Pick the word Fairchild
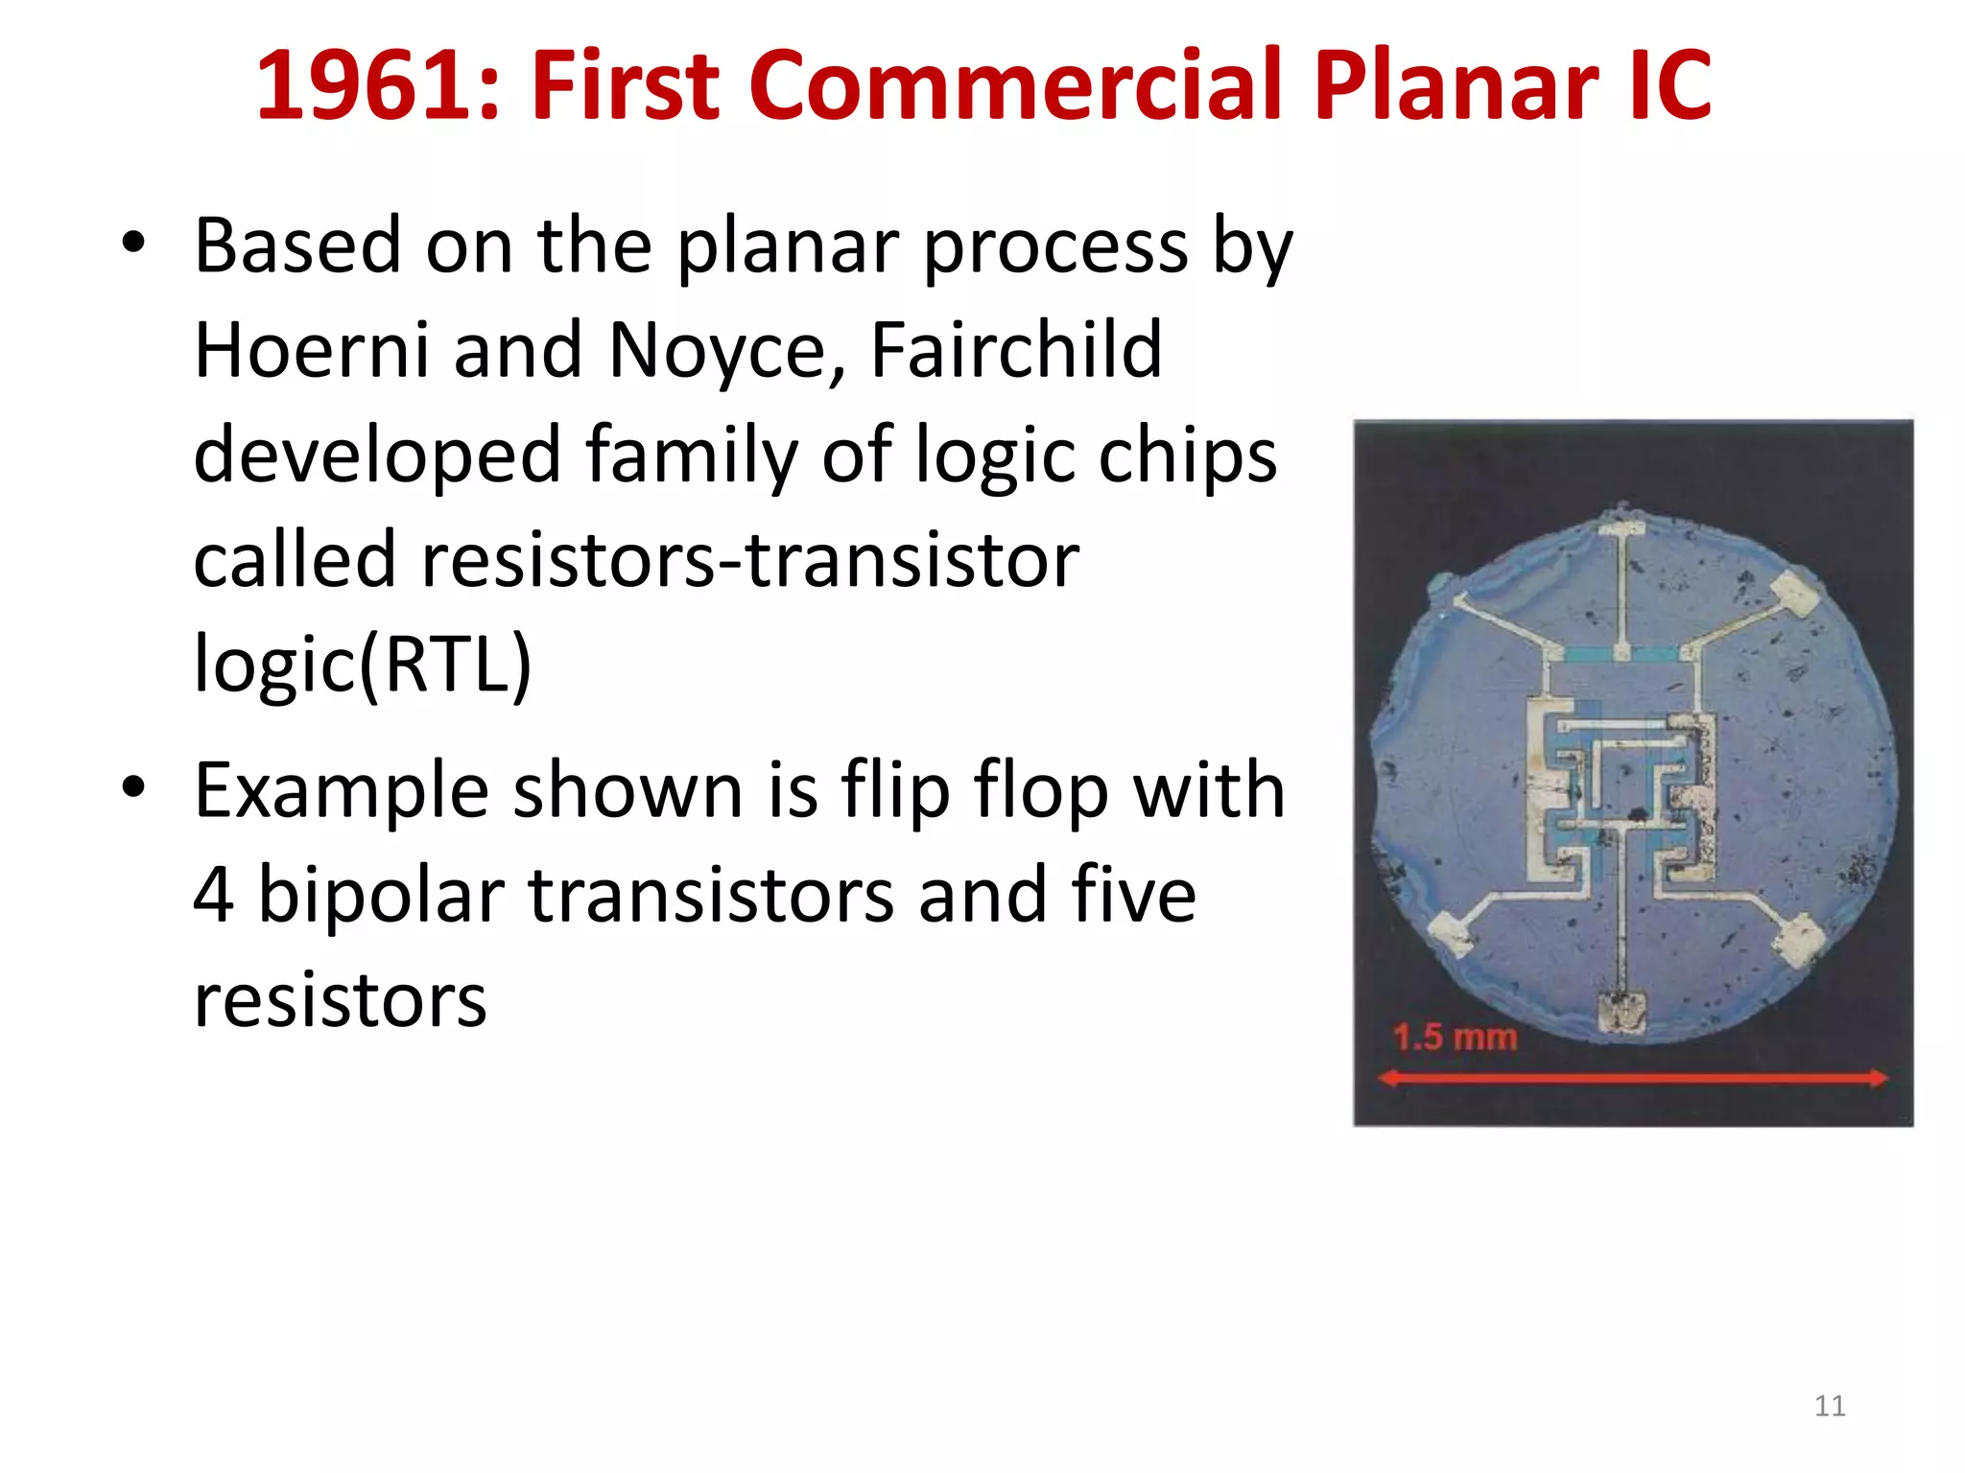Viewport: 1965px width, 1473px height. pyautogui.click(x=1016, y=350)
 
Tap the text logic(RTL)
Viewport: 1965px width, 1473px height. pyautogui.click(x=363, y=665)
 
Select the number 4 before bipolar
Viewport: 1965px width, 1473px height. pyautogui.click(x=214, y=895)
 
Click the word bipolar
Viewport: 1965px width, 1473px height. pyautogui.click(x=381, y=895)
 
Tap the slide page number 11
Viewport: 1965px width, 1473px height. pyautogui.click(x=1830, y=1406)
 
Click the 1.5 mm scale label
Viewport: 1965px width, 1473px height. pyautogui.click(x=1455, y=1038)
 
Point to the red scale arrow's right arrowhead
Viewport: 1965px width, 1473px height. pyautogui.click(x=1878, y=1079)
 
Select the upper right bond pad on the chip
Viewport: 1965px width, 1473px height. pyautogui.click(x=1793, y=592)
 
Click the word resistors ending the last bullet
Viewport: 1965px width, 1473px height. pyautogui.click(x=341, y=1000)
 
